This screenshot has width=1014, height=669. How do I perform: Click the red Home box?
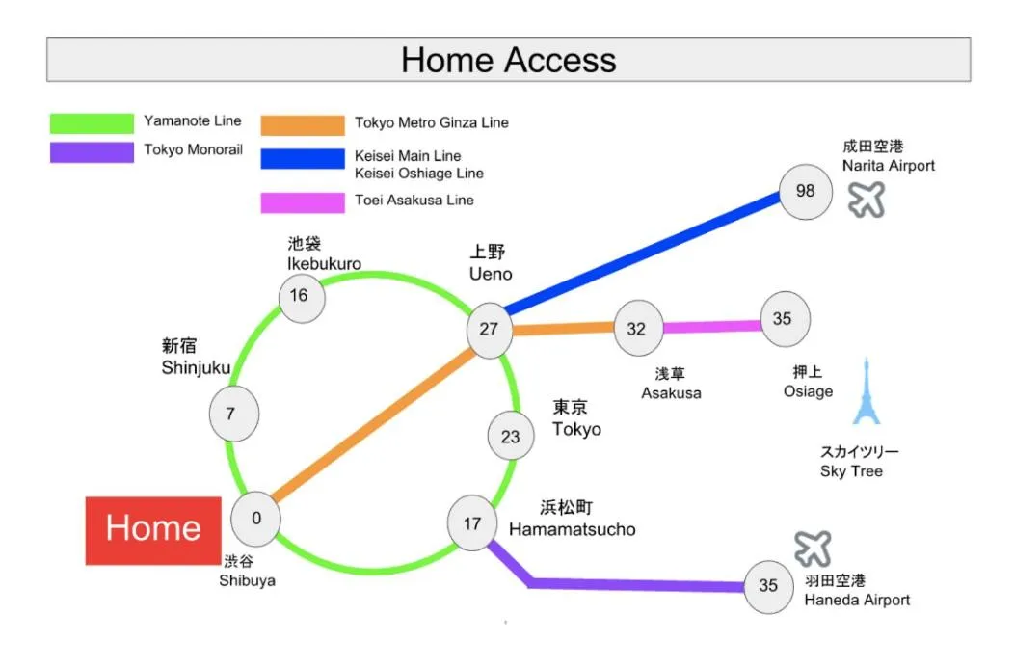pyautogui.click(x=153, y=529)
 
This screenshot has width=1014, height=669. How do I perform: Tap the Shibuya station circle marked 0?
pyautogui.click(x=255, y=519)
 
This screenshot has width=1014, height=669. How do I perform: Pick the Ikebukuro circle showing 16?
pyautogui.click(x=301, y=295)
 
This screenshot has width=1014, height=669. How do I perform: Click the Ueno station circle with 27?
pyautogui.click(x=490, y=329)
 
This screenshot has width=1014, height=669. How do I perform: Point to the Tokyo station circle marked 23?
pyautogui.click(x=510, y=437)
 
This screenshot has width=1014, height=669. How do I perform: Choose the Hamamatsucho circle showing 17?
pyautogui.click(x=472, y=524)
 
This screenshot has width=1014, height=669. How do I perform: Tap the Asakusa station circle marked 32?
pyautogui.click(x=637, y=329)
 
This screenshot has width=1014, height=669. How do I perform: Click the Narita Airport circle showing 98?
pyautogui.click(x=805, y=191)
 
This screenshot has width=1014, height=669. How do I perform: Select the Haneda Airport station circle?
pyautogui.click(x=768, y=585)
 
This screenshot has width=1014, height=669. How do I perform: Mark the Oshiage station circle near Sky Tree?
pyautogui.click(x=784, y=318)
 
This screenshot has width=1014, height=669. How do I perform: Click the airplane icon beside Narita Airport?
pyautogui.click(x=867, y=200)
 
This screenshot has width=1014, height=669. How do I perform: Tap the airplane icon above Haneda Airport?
pyautogui.click(x=813, y=549)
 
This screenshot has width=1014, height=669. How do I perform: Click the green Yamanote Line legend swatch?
pyautogui.click(x=92, y=122)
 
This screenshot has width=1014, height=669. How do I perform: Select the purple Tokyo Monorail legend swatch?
pyautogui.click(x=92, y=151)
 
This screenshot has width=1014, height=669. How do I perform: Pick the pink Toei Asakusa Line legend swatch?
pyautogui.click(x=302, y=202)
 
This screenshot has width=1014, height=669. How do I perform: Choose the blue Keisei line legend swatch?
pyautogui.click(x=302, y=158)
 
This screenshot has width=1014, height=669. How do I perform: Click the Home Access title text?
pyautogui.click(x=508, y=60)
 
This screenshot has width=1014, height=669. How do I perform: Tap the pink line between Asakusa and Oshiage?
pyautogui.click(x=710, y=328)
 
